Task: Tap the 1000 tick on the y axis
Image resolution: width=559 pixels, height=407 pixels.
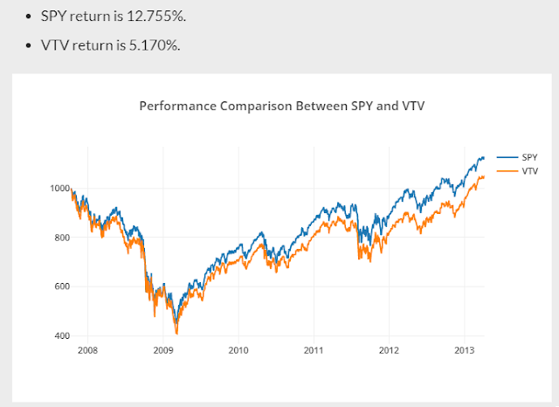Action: (59, 189)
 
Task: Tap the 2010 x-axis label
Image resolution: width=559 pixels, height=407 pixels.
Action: (238, 349)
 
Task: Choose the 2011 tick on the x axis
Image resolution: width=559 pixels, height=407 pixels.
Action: (314, 349)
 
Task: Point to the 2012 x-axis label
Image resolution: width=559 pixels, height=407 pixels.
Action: (389, 349)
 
